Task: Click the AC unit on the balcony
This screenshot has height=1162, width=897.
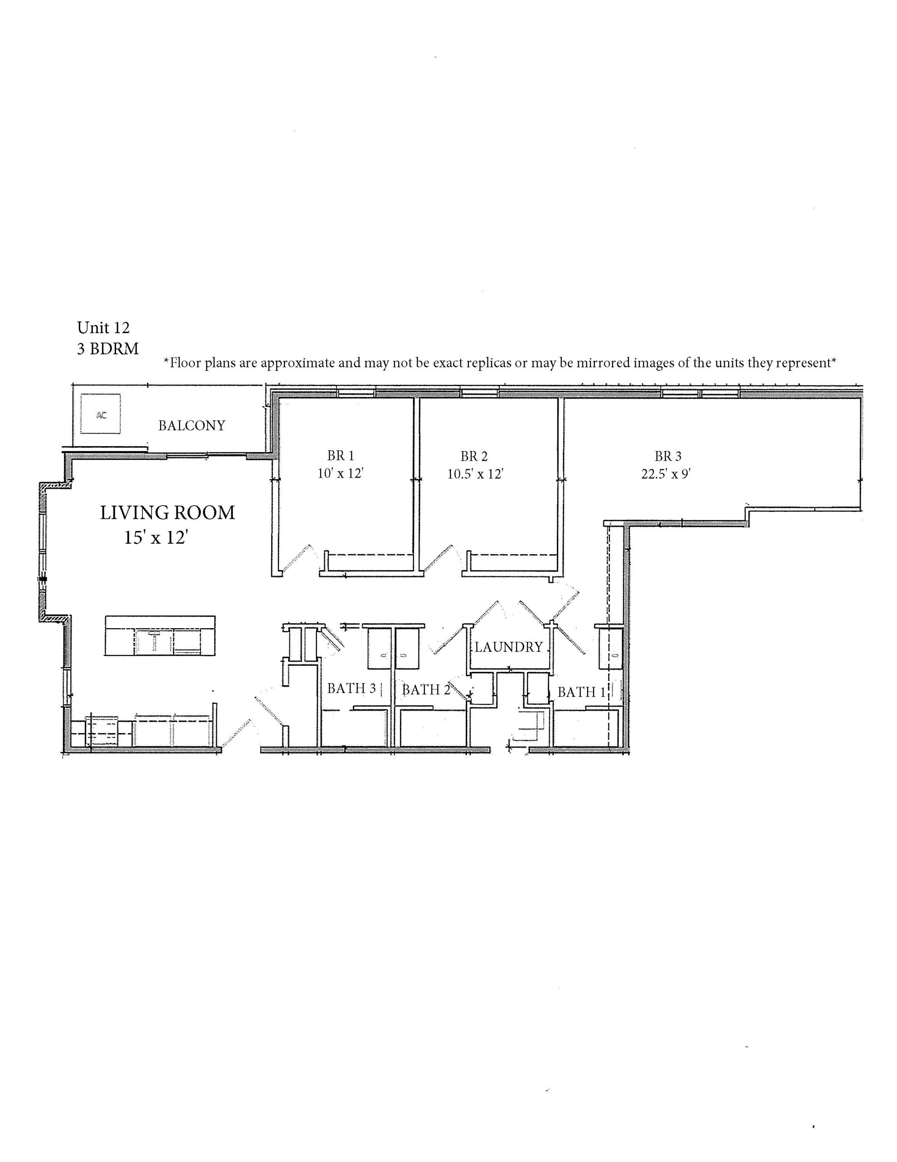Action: point(101,414)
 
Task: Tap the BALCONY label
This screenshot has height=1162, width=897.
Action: point(191,426)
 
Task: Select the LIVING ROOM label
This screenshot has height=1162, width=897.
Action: point(167,513)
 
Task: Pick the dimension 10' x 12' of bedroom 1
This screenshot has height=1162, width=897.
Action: point(340,473)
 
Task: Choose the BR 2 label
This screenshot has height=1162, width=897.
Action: point(474,456)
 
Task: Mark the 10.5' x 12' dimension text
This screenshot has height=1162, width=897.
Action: point(475,473)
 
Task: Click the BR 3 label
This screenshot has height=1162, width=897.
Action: point(668,456)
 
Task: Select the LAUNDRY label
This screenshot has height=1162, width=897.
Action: point(508,647)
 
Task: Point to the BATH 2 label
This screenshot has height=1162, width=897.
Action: point(426,689)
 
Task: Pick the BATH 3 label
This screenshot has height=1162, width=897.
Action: point(351,689)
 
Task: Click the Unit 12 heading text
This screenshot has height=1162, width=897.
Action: point(103,327)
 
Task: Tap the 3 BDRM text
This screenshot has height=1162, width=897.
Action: point(108,349)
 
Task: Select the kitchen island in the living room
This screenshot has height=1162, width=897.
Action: point(161,636)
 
